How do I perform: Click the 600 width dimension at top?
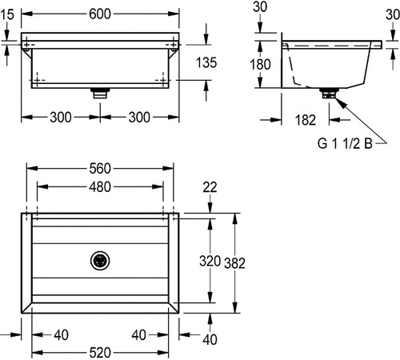pyautogui.click(x=100, y=14)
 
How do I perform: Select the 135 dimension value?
pyautogui.click(x=206, y=63)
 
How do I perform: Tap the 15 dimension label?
pyautogui.click(x=7, y=14)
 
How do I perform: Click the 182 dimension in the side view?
pyautogui.click(x=306, y=120)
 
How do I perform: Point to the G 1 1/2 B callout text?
pyautogui.click(x=345, y=143)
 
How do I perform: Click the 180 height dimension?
pyautogui.click(x=260, y=65)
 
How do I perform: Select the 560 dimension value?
pyautogui.click(x=100, y=169)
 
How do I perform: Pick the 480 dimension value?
pyautogui.click(x=100, y=187)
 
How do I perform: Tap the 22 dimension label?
pyautogui.click(x=210, y=187)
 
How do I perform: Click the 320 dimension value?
pyautogui.click(x=210, y=261)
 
